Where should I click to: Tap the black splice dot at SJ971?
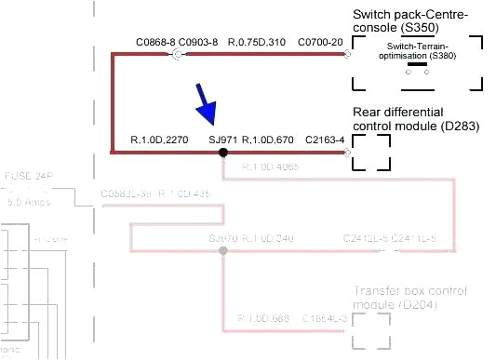[x=223, y=152]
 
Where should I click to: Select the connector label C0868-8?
[x=154, y=43]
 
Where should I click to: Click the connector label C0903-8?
[x=197, y=43]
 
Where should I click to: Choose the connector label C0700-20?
[x=320, y=43]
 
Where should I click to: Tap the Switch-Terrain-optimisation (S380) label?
[x=416, y=51]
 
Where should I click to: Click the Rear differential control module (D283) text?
[x=409, y=119]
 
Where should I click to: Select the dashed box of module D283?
[x=370, y=152]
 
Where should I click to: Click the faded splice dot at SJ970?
[x=222, y=251]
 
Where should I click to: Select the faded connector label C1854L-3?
[x=324, y=318]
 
